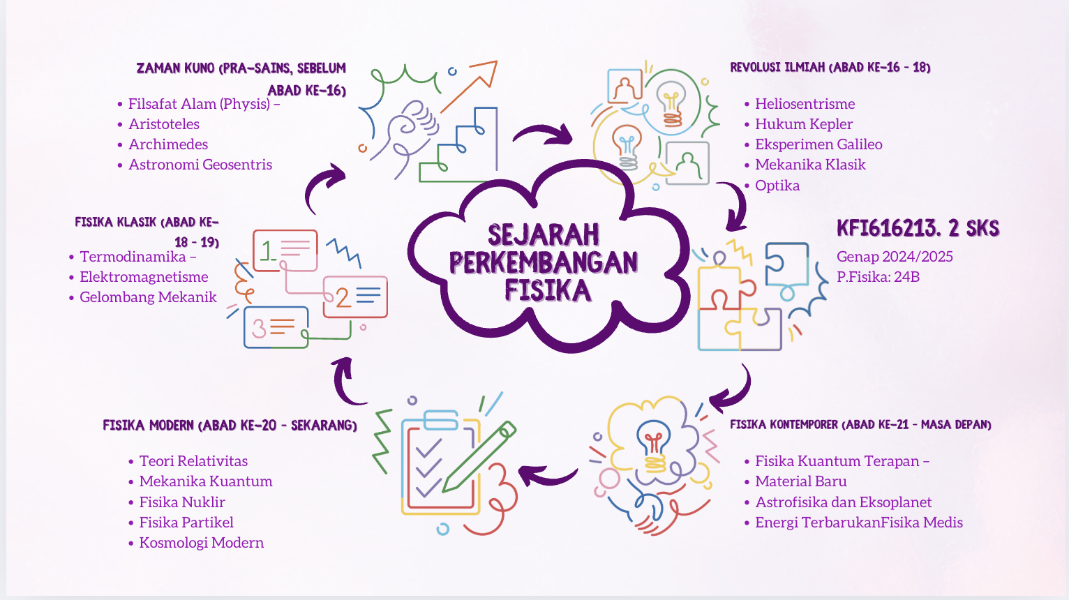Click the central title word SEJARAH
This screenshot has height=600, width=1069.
(543, 235)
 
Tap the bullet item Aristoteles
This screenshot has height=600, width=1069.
(164, 124)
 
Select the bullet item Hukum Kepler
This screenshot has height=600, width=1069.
(803, 124)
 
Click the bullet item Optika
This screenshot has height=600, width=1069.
(777, 186)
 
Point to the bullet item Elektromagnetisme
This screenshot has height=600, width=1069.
(144, 277)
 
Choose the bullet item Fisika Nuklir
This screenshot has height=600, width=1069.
(181, 502)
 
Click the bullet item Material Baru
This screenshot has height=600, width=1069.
(800, 481)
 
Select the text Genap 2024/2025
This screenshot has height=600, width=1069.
(895, 257)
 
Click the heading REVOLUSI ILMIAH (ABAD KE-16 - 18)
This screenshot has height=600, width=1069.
(830, 68)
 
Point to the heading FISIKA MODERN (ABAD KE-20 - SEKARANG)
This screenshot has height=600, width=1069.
(230, 426)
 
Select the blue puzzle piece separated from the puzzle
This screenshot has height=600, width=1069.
(786, 265)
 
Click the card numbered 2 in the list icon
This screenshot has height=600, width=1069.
(355, 297)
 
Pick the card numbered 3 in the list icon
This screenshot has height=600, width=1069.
(276, 327)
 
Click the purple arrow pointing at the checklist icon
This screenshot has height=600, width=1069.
(547, 477)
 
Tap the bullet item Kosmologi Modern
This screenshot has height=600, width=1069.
(201, 543)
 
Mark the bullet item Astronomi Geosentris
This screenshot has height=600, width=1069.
(200, 165)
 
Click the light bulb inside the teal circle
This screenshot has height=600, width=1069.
(671, 101)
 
